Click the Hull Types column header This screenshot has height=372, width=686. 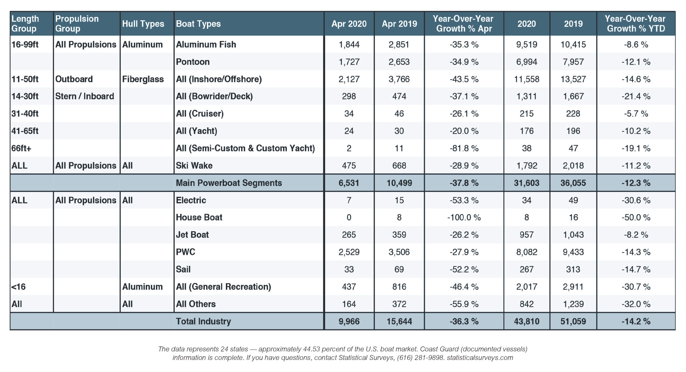pyautogui.click(x=143, y=24)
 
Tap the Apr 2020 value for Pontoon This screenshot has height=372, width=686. pyautogui.click(x=349, y=62)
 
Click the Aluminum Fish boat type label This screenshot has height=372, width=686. pyautogui.click(x=206, y=44)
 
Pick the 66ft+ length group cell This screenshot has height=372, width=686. pyautogui.click(x=21, y=148)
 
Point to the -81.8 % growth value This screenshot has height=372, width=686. pyautogui.click(x=464, y=148)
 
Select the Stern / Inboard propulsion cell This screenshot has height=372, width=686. pyautogui.click(x=85, y=96)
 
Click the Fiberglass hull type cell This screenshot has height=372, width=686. pyautogui.click(x=143, y=79)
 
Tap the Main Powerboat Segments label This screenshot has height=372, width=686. pyautogui.click(x=229, y=183)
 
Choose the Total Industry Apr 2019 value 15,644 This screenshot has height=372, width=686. pyautogui.click(x=399, y=321)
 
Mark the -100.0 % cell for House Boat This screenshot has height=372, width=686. pyautogui.click(x=464, y=217)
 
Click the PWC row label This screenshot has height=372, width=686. pyautogui.click(x=185, y=252)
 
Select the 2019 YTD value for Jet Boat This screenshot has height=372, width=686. pyautogui.click(x=573, y=235)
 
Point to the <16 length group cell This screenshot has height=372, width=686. pyautogui.click(x=18, y=287)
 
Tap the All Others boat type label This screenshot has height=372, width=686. pyautogui.click(x=196, y=304)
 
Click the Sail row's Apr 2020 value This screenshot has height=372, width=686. pyautogui.click(x=349, y=269)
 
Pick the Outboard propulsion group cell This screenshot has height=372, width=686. pyautogui.click(x=74, y=79)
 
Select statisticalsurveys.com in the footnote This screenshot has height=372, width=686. pyautogui.click(x=480, y=358)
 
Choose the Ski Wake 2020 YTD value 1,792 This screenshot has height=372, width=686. pyautogui.click(x=527, y=166)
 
